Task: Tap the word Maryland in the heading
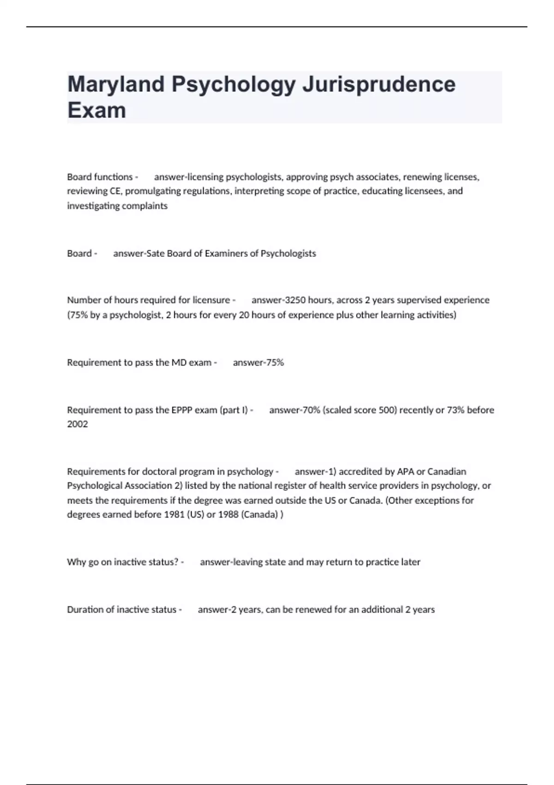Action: (116, 85)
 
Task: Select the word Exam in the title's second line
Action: (96, 110)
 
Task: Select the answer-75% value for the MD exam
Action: (259, 362)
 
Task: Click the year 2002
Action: (77, 424)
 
